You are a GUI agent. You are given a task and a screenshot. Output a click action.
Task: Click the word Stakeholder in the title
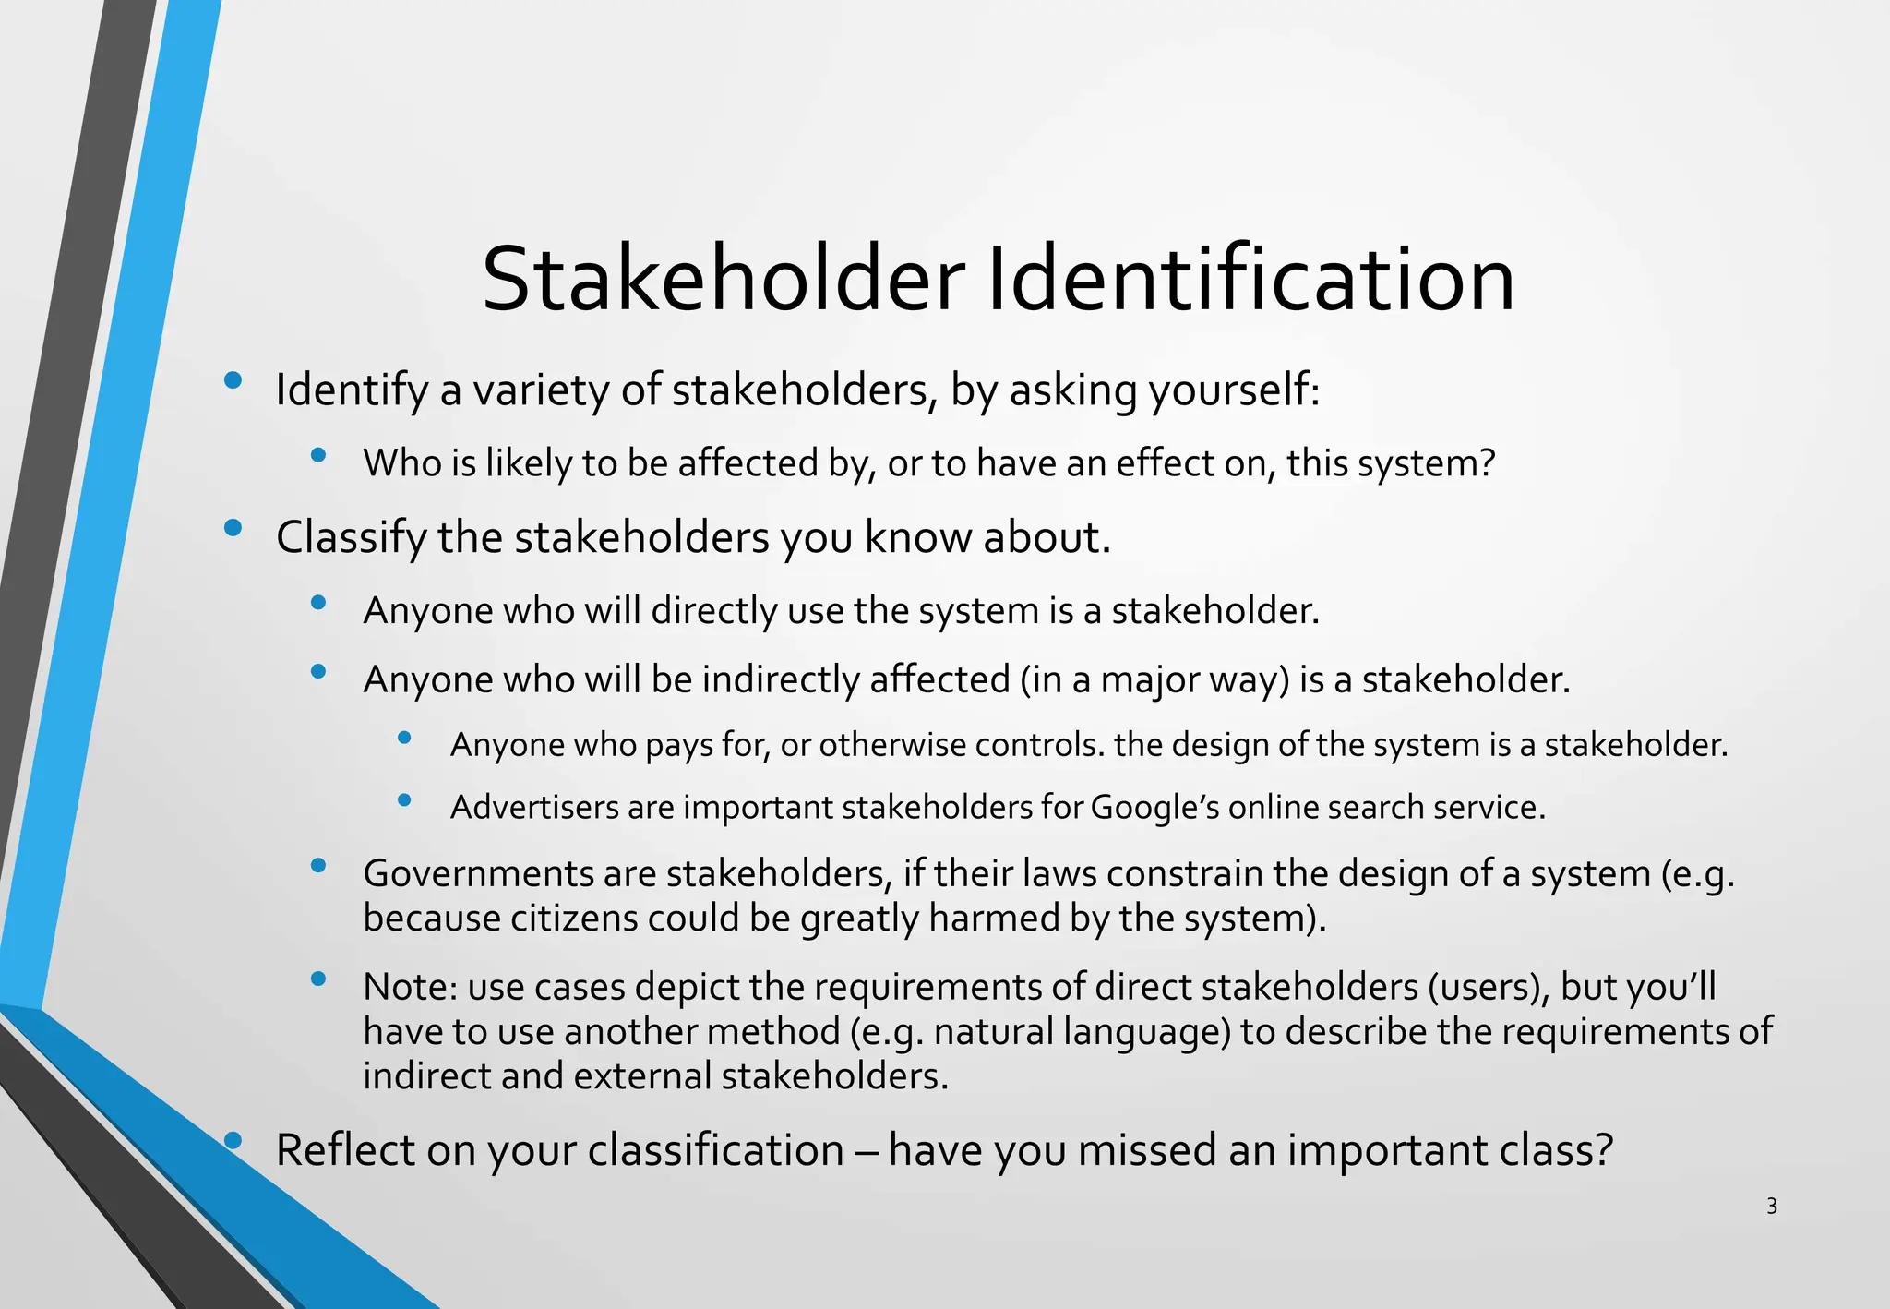tap(723, 280)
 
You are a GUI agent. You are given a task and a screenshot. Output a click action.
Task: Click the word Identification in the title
tap(1250, 280)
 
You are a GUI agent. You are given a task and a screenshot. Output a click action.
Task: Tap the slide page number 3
tap(1771, 1206)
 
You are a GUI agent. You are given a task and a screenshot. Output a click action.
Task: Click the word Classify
tap(351, 538)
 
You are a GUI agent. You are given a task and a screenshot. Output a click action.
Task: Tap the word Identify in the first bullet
tap(352, 390)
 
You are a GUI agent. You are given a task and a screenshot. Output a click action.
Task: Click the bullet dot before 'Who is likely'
tap(318, 454)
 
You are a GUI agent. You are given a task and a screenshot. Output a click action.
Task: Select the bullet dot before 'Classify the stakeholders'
tap(233, 528)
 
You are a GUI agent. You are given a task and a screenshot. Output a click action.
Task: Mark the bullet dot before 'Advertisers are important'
tap(404, 799)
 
